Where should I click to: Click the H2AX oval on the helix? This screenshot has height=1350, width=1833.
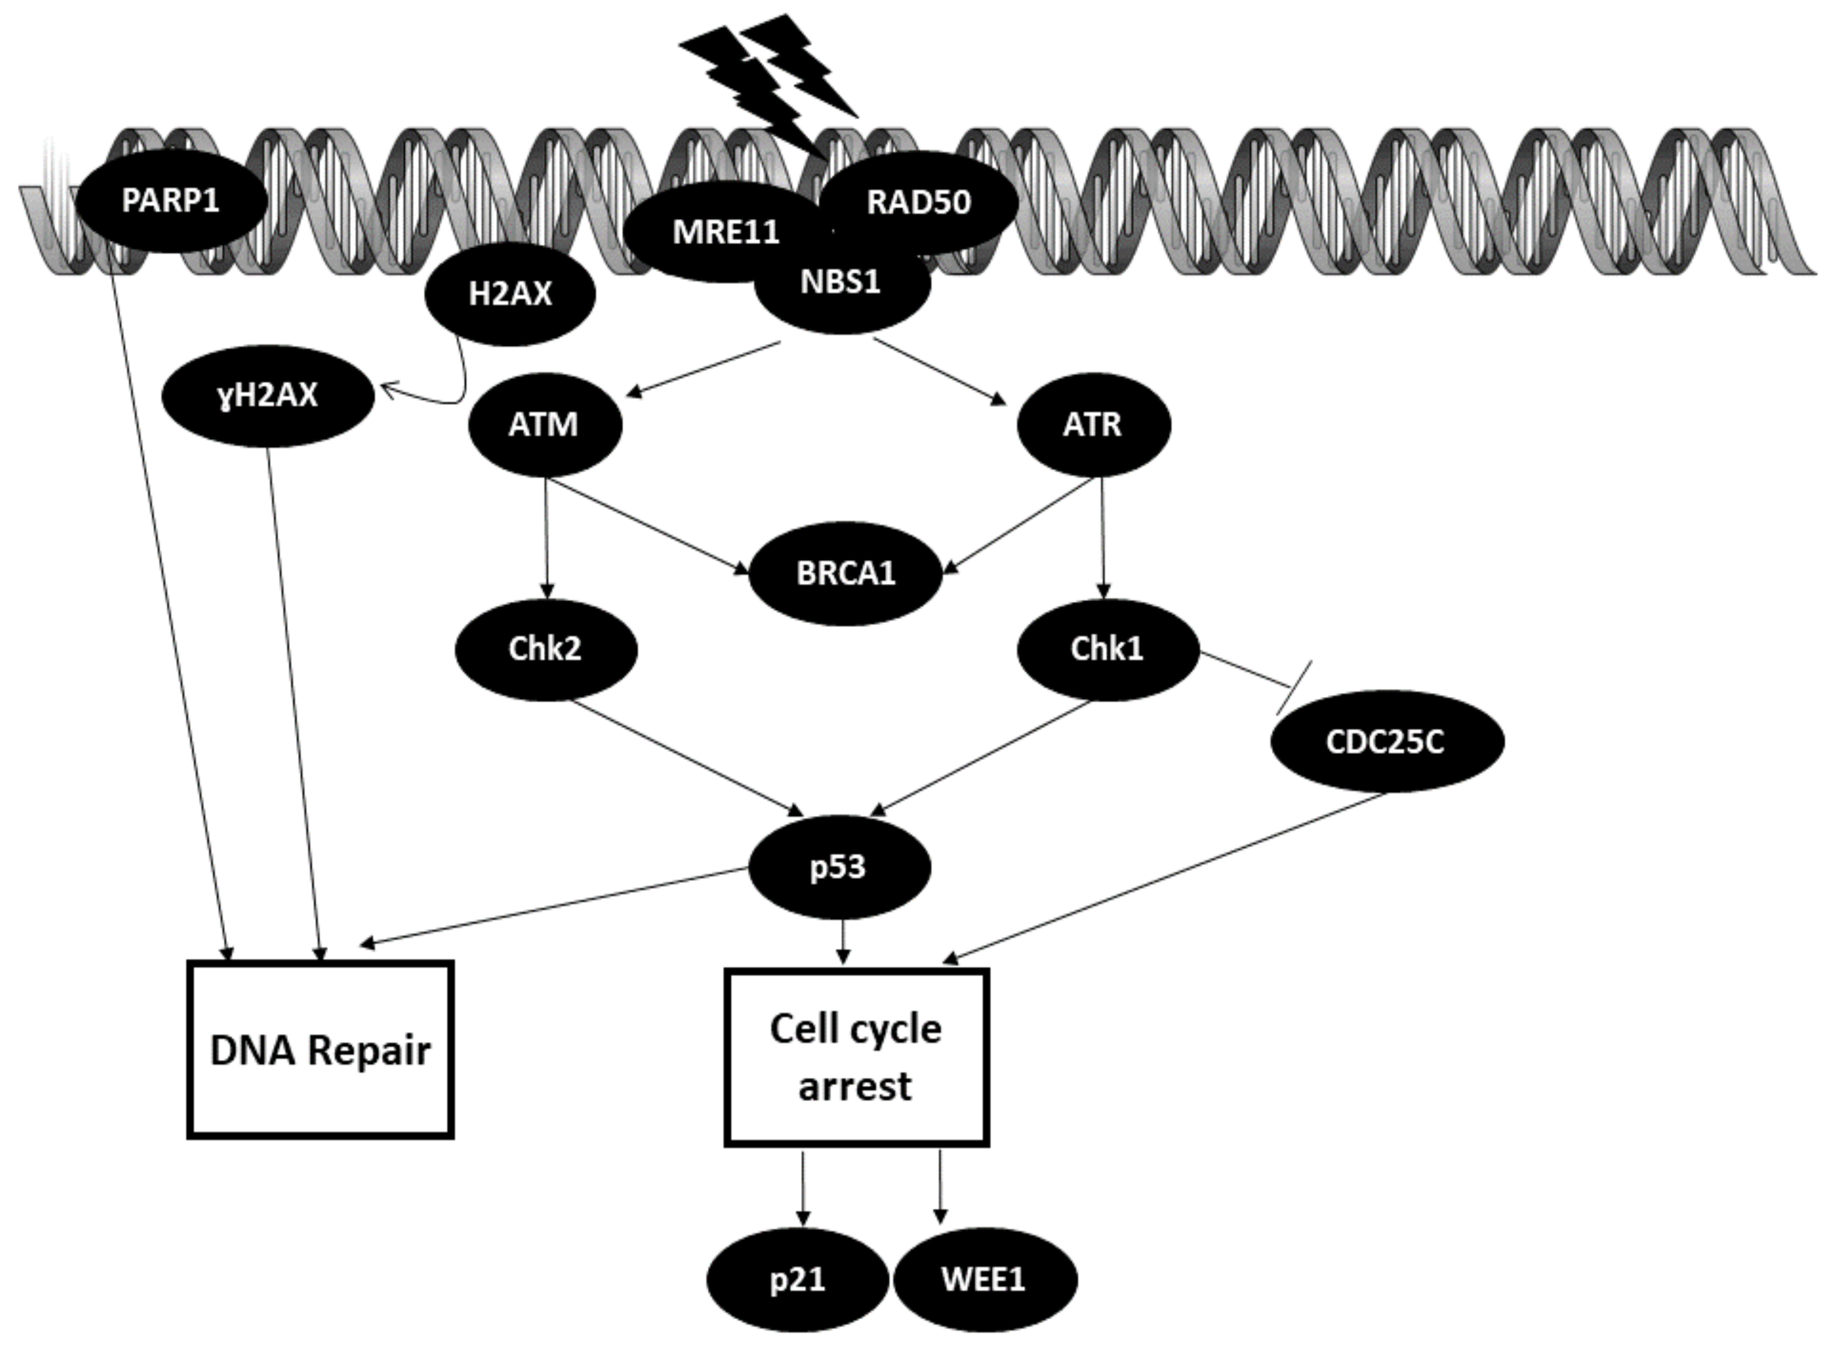pyautogui.click(x=510, y=294)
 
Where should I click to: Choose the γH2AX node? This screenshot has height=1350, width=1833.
pyautogui.click(x=268, y=396)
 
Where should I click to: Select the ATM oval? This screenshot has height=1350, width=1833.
pyautogui.click(x=544, y=425)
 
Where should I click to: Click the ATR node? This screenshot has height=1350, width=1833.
pyautogui.click(x=1093, y=425)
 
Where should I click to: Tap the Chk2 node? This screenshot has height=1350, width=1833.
pyautogui.click(x=546, y=649)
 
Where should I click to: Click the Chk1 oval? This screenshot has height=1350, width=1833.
pyautogui.click(x=1107, y=649)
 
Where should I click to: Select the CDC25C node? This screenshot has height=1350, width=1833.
pyautogui.click(x=1386, y=741)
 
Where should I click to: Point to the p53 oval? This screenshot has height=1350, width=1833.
pyautogui.click(x=839, y=866)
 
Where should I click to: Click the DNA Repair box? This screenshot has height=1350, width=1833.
pyautogui.click(x=320, y=1049)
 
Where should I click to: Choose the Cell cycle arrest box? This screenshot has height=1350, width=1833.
pyautogui.click(x=856, y=1057)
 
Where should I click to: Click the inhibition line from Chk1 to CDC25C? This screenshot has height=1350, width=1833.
pyautogui.click(x=1251, y=672)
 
